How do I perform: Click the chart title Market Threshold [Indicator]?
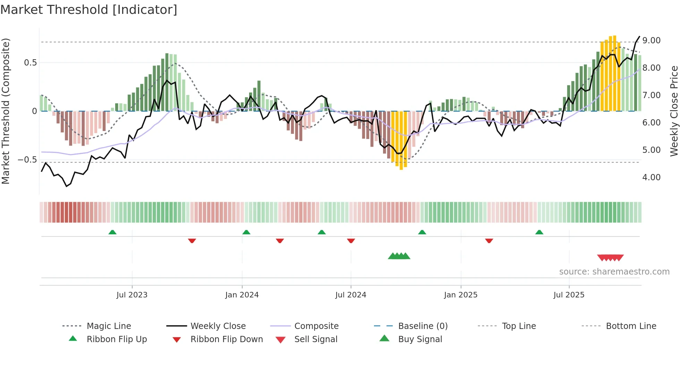(89, 10)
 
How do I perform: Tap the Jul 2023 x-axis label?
(132, 295)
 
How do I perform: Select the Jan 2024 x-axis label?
(242, 295)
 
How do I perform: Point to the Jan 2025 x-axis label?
(461, 295)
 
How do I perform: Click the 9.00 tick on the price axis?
(651, 41)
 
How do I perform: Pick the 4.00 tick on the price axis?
(651, 177)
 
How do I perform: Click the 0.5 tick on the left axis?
(30, 63)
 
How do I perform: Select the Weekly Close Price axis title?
(673, 111)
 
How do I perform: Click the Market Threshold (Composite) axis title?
(6, 111)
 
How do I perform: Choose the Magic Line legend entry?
(109, 326)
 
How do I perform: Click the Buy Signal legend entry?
(420, 339)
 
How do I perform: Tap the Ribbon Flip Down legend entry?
(227, 339)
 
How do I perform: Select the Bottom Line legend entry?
(631, 326)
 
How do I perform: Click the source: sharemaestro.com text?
(614, 272)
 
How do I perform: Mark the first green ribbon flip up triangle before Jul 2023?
(112, 232)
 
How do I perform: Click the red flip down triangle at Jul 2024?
(351, 241)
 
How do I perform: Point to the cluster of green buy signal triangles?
(399, 256)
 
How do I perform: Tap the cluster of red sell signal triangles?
(610, 258)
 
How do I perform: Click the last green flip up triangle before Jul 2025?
(539, 232)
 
